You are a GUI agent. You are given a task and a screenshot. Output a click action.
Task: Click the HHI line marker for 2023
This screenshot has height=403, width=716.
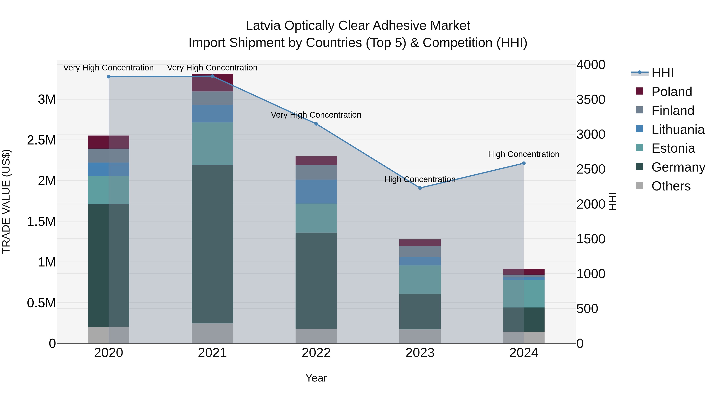420,188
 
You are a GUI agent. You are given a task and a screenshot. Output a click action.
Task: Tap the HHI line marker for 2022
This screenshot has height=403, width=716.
316,124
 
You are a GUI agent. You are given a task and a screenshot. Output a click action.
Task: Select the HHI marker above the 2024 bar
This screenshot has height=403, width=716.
524,163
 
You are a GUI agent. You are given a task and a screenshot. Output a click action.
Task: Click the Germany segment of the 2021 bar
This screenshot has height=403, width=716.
212,244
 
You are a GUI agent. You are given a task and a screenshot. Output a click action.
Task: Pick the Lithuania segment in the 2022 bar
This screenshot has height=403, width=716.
316,192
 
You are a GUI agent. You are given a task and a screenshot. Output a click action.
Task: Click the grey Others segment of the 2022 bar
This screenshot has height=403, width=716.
316,336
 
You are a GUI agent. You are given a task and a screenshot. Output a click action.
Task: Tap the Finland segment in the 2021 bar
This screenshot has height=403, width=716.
212,98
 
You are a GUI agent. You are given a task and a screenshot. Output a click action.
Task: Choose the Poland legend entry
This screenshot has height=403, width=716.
671,92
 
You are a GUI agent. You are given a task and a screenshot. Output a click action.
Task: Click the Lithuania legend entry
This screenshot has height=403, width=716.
678,130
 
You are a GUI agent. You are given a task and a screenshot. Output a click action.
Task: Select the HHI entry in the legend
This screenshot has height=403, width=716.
662,73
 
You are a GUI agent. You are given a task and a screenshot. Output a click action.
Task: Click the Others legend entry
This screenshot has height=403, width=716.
671,186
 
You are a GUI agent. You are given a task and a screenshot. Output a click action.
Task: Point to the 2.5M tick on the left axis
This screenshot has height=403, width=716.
41,140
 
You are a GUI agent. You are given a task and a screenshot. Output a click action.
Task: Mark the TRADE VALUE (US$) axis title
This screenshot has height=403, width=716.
6,201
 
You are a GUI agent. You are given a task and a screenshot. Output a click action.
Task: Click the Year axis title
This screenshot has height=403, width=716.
316,378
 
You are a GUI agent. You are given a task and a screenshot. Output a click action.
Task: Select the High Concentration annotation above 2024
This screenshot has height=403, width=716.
524,154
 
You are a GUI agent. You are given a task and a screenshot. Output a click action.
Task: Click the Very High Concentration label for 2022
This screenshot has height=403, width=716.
316,115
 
